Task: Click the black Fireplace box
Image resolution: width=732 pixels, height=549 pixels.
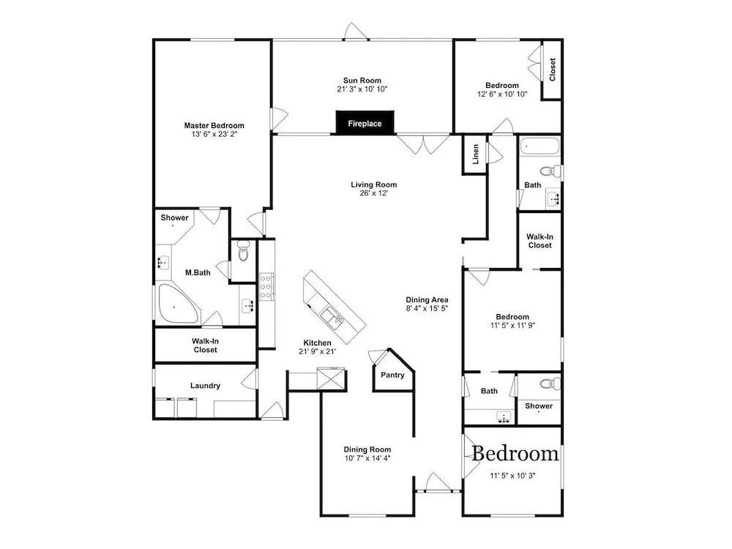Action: tap(365, 123)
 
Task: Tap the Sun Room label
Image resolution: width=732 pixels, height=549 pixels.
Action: tap(362, 81)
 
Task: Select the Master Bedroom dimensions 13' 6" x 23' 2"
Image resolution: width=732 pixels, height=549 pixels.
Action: tap(214, 135)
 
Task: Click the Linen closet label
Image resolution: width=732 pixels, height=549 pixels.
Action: tap(476, 154)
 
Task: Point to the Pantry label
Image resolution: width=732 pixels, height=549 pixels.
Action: tap(392, 375)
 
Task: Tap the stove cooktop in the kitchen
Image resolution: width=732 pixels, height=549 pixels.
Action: tap(266, 286)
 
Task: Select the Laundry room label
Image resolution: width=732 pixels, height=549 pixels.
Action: tap(206, 386)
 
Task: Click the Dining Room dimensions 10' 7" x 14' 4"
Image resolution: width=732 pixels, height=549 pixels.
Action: tap(368, 458)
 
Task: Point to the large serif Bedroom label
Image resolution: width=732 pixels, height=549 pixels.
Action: tap(515, 454)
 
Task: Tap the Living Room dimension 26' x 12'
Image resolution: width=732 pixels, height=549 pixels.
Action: tap(374, 193)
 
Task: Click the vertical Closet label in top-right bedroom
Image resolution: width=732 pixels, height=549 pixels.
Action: tap(552, 69)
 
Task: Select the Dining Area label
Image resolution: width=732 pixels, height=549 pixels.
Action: tap(427, 299)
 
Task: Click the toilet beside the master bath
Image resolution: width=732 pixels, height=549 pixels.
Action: tap(243, 250)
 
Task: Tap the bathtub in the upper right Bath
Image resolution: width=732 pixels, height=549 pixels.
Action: tap(539, 146)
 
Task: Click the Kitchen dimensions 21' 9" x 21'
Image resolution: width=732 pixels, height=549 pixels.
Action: tap(318, 351)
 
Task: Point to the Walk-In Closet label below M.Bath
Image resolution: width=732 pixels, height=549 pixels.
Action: tap(206, 346)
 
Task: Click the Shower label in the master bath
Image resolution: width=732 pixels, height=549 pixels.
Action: tap(175, 217)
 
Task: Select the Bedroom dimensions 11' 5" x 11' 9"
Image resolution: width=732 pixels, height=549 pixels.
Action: tap(512, 326)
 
